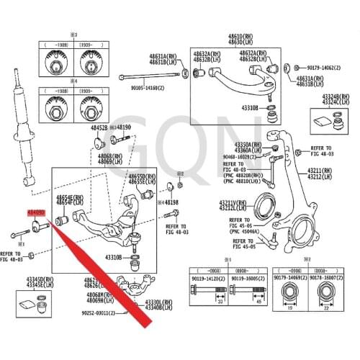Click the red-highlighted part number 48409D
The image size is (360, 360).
coord(35,214)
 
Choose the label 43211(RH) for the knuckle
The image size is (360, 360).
coord(320,171)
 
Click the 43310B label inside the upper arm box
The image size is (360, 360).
coord(249,108)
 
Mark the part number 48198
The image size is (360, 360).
coord(170,203)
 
